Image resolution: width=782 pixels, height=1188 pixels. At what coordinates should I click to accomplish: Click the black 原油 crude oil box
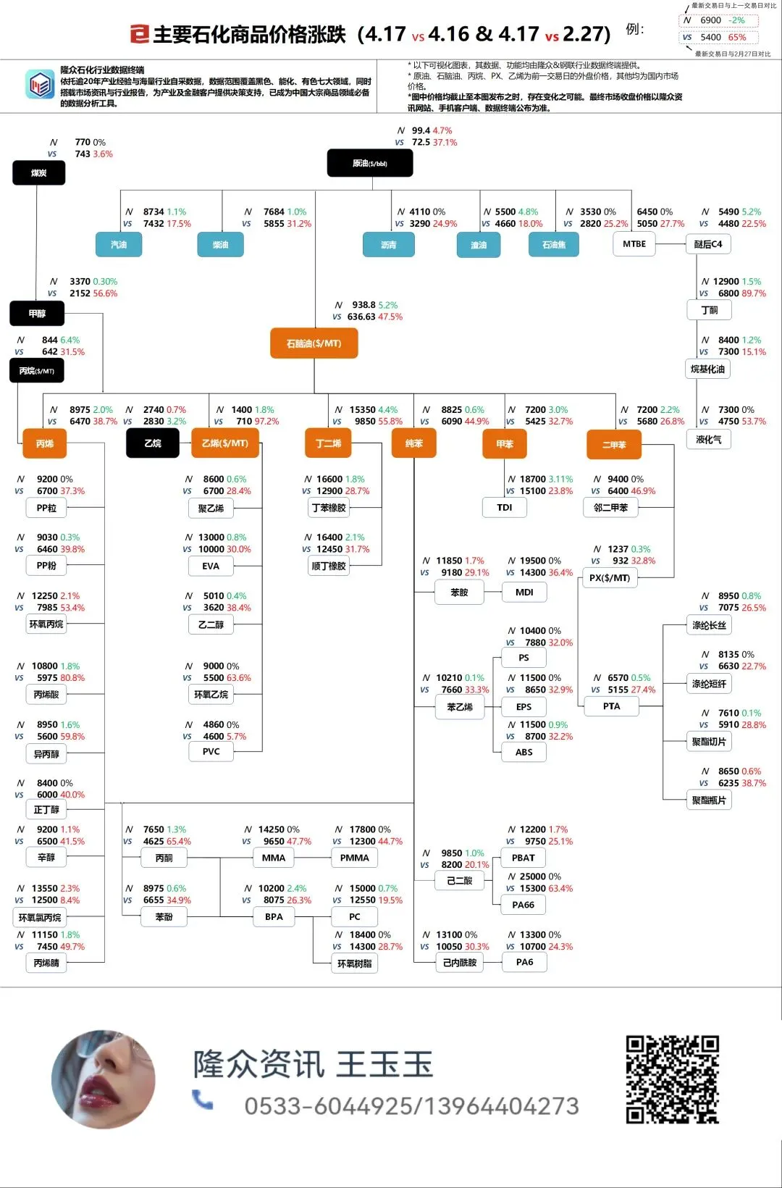[x=370, y=163]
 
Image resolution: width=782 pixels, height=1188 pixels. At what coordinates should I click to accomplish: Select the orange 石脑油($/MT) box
[x=314, y=343]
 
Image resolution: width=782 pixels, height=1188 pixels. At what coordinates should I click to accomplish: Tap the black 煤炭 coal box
[x=39, y=173]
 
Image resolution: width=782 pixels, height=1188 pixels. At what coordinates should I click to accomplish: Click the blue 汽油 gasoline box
[x=119, y=245]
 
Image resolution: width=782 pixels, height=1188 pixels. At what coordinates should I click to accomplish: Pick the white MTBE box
[x=634, y=244]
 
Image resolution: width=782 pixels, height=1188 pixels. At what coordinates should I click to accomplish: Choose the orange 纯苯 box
[x=413, y=443]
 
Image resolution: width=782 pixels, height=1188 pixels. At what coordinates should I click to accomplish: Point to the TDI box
[x=505, y=508]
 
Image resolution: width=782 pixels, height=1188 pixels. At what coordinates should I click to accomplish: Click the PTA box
[x=611, y=706]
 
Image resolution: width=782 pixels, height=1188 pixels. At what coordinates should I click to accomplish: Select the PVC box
[x=211, y=752]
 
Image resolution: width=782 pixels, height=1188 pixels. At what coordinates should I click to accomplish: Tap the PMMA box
[x=354, y=858]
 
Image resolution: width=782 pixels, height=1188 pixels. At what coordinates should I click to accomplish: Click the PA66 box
[x=524, y=905]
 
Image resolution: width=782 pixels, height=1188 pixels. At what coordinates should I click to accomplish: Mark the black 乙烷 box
[x=153, y=443]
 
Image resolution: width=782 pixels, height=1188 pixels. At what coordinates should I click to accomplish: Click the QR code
[x=672, y=1079]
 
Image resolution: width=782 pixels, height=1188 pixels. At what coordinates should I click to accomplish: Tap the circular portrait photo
[x=104, y=1079]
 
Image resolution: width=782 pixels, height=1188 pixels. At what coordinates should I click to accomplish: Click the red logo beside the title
[x=139, y=34]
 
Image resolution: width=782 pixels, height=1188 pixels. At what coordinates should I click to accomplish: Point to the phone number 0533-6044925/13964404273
[x=411, y=1106]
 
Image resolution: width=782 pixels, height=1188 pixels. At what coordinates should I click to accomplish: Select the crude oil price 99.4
[x=421, y=131]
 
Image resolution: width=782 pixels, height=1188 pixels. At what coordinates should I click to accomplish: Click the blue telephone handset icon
[x=203, y=1100]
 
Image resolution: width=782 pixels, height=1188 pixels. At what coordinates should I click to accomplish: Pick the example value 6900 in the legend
[x=710, y=20]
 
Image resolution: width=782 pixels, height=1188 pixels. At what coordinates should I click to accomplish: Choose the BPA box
[x=274, y=917]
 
